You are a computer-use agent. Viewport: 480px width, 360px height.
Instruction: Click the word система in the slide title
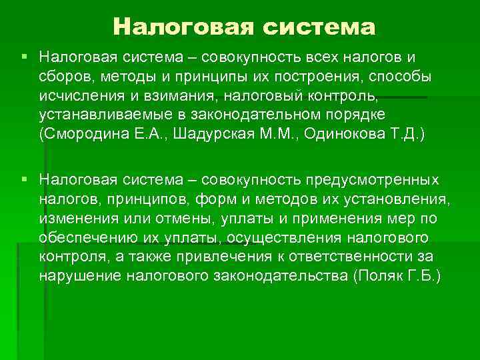point(319,27)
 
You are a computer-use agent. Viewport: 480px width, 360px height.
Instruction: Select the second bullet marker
point(25,179)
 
